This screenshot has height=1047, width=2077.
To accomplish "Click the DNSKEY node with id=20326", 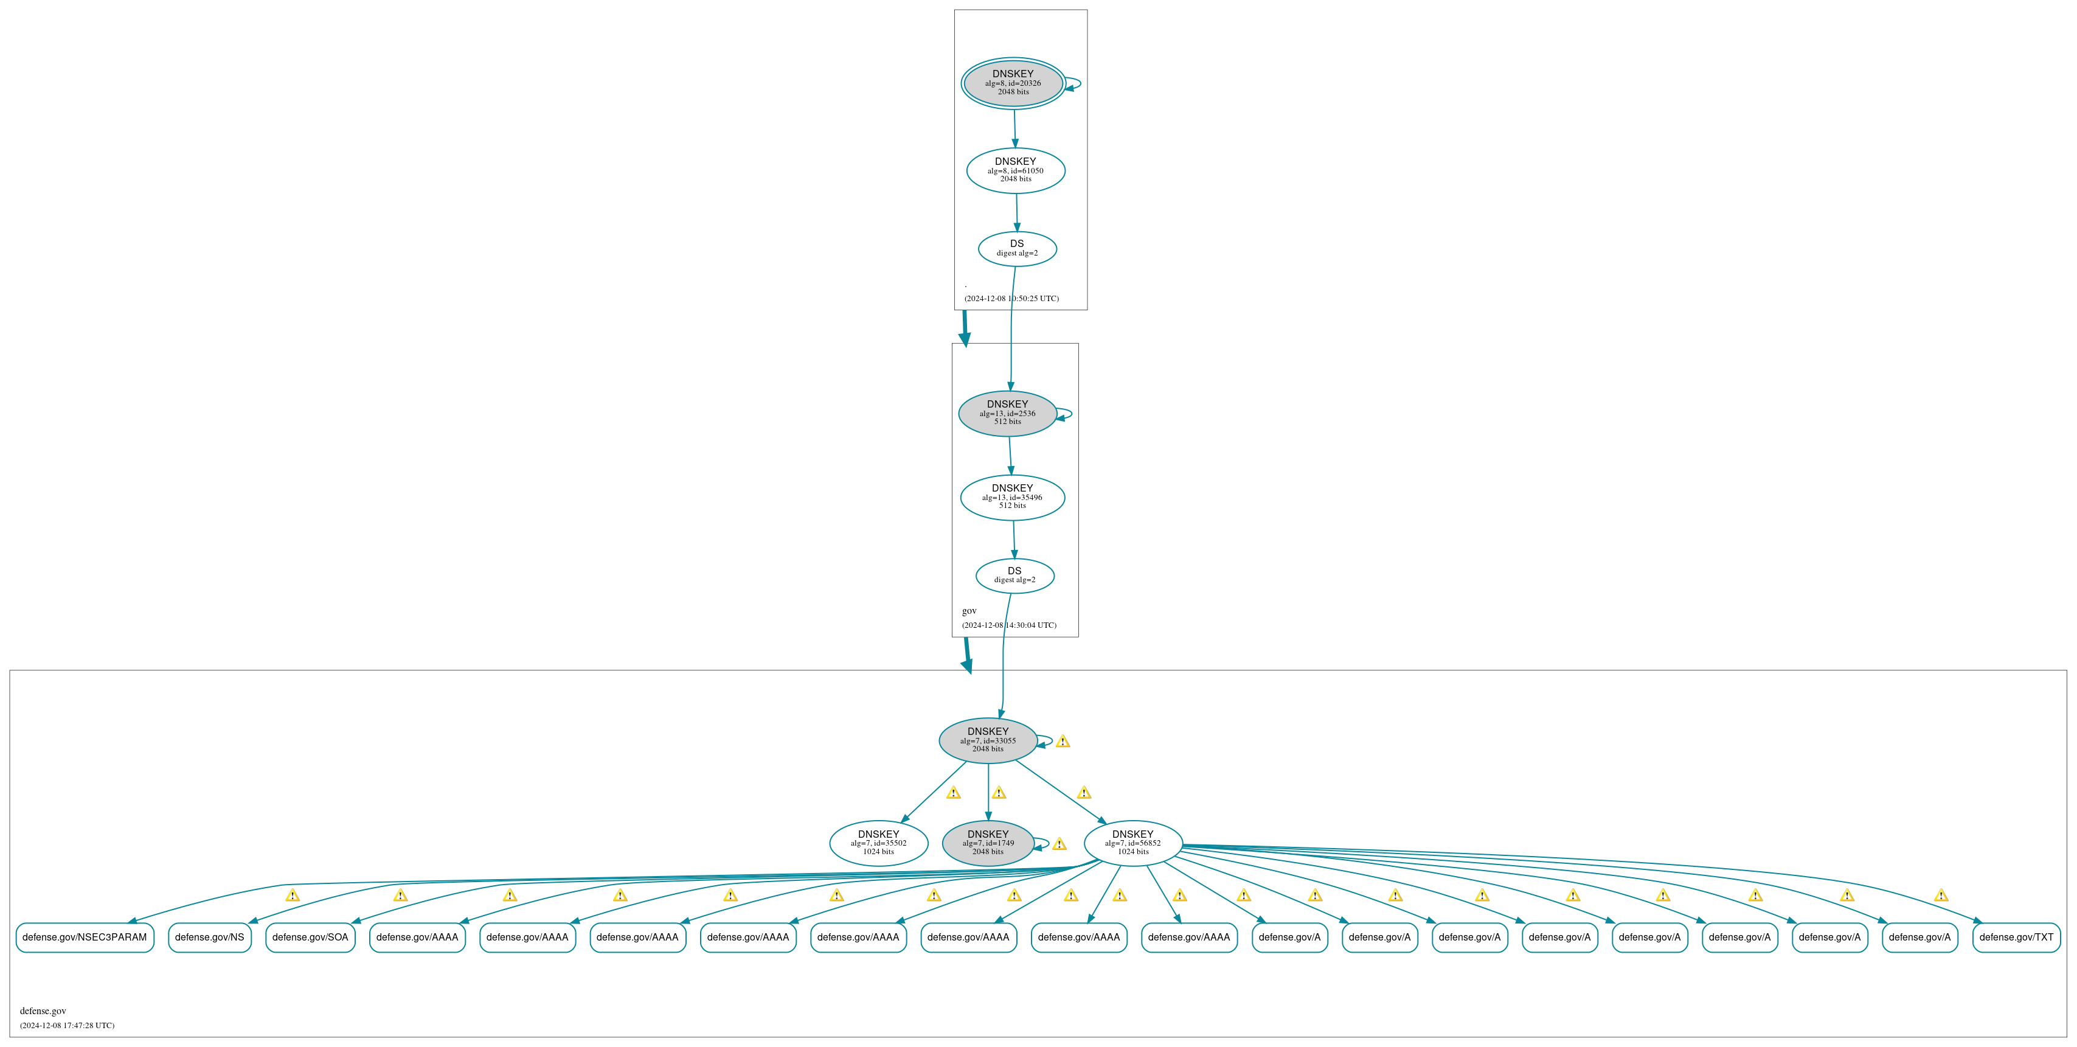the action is (x=1013, y=83).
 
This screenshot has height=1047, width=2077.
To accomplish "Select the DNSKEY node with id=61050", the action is (x=1016, y=170).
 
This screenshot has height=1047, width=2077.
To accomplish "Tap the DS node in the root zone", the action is (x=1018, y=248).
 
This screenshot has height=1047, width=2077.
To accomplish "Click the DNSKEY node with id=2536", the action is (x=1008, y=414).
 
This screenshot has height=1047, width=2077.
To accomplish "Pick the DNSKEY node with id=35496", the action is (x=1013, y=498).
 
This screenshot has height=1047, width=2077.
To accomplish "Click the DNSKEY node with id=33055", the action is (x=988, y=740).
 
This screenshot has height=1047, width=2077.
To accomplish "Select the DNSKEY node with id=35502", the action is (x=879, y=843).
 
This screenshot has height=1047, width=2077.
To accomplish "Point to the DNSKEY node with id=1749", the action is (x=988, y=843).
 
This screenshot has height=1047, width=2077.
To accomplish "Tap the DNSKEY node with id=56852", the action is (x=1134, y=843).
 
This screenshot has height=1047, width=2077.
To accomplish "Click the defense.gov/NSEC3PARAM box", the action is (x=85, y=937).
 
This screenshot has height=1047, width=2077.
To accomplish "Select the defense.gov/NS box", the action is (x=210, y=937).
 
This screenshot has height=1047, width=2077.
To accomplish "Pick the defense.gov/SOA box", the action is (x=310, y=937).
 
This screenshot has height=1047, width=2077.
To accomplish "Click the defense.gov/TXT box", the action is (x=2017, y=937).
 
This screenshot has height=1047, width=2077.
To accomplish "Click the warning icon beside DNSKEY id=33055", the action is (x=1063, y=741).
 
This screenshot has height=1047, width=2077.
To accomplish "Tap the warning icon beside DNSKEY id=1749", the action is (x=1059, y=844).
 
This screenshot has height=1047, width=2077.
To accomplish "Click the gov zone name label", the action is (x=969, y=611).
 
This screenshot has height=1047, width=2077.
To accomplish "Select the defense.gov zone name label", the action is (x=43, y=1010).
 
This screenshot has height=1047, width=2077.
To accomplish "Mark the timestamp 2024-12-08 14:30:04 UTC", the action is (x=1008, y=625).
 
